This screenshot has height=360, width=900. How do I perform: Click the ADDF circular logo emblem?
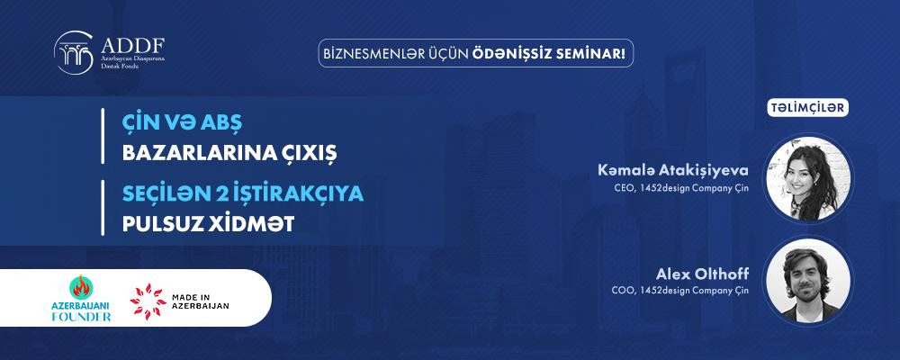[x=74, y=52]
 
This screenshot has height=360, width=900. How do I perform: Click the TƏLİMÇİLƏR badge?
[x=808, y=108]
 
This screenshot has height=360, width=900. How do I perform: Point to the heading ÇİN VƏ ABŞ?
[x=183, y=123]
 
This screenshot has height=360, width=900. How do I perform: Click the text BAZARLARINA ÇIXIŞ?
[x=229, y=154]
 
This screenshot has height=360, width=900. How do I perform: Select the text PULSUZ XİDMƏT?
[x=209, y=224]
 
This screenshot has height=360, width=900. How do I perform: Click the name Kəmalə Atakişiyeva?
[x=673, y=170]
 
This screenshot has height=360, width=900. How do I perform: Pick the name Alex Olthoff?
[x=703, y=273]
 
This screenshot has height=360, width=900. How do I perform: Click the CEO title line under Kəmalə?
[x=681, y=188]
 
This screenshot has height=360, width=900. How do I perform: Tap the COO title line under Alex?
[x=680, y=291]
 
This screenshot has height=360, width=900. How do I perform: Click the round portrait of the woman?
[x=809, y=178]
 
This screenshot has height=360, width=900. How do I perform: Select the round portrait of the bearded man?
[x=809, y=281]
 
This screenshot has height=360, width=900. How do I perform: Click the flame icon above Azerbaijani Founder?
[x=81, y=287]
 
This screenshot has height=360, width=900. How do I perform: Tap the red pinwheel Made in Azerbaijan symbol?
[x=148, y=301]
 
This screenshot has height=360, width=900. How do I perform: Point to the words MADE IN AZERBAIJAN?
[x=201, y=301]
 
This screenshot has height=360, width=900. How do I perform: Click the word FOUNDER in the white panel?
[x=81, y=317]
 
